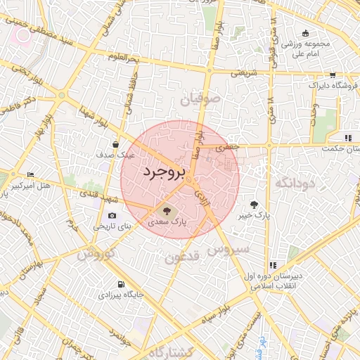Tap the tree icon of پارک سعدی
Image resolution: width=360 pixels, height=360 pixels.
[x=167, y=210]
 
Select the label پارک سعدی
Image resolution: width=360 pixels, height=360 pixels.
[x=167, y=221]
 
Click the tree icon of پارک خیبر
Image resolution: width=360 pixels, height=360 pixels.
[x=254, y=205]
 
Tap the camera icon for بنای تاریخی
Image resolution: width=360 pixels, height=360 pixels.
[x=112, y=216]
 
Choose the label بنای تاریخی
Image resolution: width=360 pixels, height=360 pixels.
[x=113, y=227]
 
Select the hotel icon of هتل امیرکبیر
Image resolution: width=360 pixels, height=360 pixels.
[x=30, y=175]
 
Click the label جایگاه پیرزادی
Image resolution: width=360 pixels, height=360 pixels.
[x=122, y=296]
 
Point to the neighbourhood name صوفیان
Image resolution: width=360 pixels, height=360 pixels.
[x=200, y=100]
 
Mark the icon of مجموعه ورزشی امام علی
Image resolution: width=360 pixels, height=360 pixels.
[x=305, y=33]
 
